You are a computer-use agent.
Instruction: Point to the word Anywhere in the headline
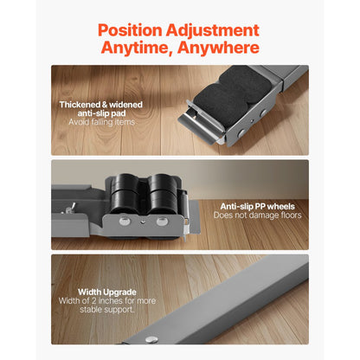218,48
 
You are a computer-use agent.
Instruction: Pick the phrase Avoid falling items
101,123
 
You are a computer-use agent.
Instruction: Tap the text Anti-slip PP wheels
258,206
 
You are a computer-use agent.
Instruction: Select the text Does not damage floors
258,215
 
